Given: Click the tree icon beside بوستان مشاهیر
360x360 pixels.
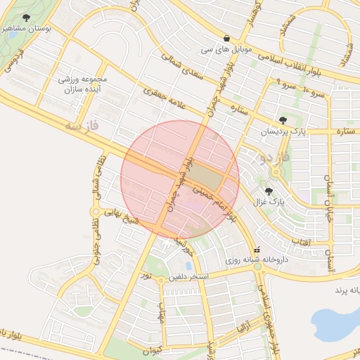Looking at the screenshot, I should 27,18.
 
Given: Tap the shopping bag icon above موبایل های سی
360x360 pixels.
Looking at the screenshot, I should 226,38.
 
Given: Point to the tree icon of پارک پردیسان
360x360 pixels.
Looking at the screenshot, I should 283,120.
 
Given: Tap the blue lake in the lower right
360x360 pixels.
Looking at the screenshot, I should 337,319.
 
